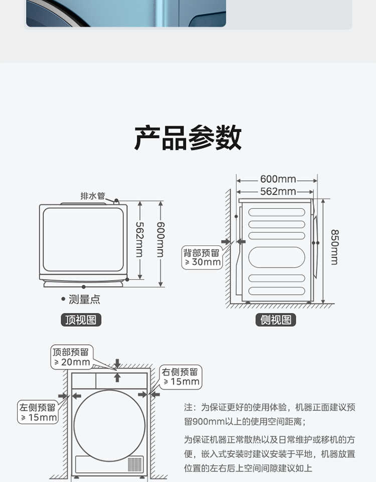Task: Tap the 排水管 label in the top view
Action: [x=93, y=196]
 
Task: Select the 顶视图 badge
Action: [x=81, y=320]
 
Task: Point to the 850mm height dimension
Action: [x=334, y=247]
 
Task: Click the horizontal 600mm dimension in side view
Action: [x=278, y=179]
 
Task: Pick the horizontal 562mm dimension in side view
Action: [x=278, y=191]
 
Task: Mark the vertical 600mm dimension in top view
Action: [x=160, y=239]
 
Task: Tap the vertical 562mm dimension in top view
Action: [x=139, y=239]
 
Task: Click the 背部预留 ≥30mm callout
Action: [x=202, y=257]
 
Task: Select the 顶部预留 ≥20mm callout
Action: [x=71, y=357]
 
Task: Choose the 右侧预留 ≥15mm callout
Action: [x=180, y=377]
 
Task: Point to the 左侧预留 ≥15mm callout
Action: [x=38, y=412]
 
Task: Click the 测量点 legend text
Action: [x=84, y=300]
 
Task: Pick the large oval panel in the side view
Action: [x=277, y=257]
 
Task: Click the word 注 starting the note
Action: [x=189, y=407]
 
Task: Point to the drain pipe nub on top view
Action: [x=116, y=201]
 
